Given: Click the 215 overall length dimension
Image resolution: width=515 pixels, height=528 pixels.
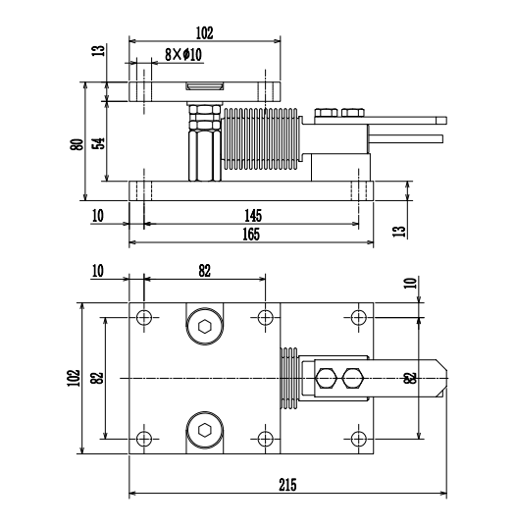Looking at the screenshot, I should pos(286,485).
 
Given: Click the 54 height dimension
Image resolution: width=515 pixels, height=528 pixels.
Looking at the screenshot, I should pos(98,143).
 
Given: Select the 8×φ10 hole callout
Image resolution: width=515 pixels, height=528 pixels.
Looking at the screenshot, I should pos(182,55).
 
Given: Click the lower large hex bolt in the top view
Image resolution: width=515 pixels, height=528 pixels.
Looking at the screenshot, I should pos(204,430).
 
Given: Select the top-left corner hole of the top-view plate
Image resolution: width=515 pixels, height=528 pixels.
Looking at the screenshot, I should pos(144,317).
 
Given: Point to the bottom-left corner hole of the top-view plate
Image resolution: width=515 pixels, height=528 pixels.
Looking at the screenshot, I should pos(144,438).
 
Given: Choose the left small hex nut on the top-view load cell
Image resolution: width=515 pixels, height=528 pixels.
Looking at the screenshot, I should pos(326,377).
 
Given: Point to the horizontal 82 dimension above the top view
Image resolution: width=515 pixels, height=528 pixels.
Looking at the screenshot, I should pos(204,272).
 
